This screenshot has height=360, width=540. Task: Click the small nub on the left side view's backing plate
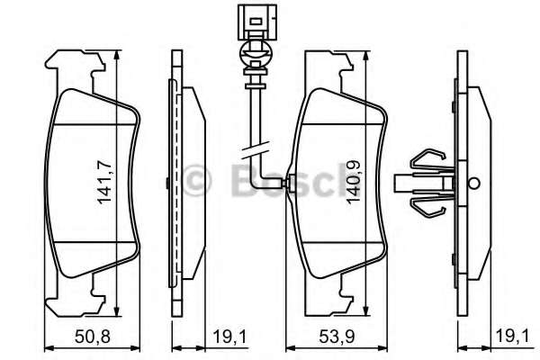coord(168,184)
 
